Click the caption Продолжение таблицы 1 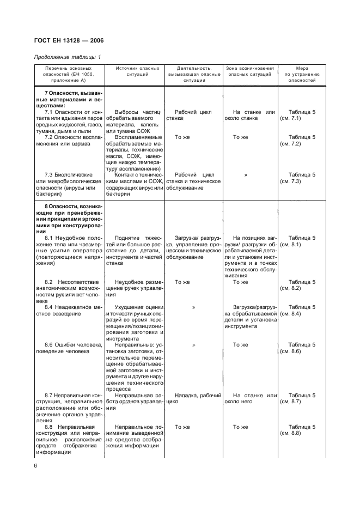68,57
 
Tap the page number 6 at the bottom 36,466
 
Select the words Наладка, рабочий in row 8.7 198,395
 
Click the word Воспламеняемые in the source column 138,138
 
